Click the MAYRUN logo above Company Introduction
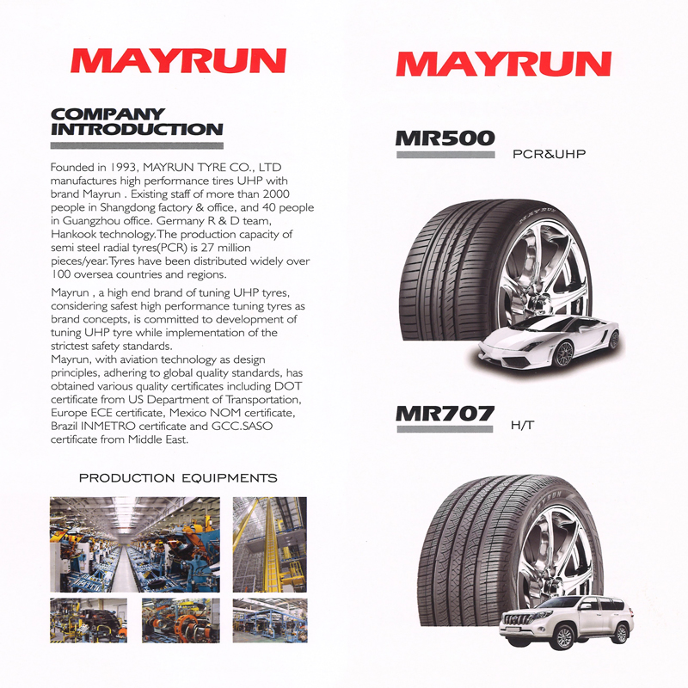pos(179,60)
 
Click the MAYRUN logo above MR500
pos(504,64)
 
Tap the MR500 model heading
pos(445,138)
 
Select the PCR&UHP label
pos(549,154)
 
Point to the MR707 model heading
pos(445,414)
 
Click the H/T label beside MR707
pos(523,425)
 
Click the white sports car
pos(549,341)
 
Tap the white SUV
pos(567,622)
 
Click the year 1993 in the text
pos(123,167)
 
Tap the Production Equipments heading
pos(178,478)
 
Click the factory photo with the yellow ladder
pos(270,544)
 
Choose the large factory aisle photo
pos(135,544)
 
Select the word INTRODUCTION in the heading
pos(137,130)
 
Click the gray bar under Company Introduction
pos(137,145)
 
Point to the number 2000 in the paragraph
pos(276,194)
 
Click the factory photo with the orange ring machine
pos(181,620)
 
